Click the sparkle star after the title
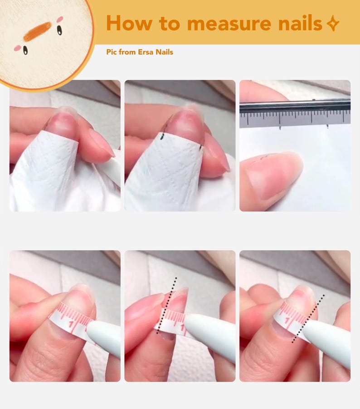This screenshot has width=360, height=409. [x=333, y=24]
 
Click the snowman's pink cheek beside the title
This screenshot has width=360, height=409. [x=60, y=19]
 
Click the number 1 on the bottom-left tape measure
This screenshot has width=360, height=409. [x=72, y=326]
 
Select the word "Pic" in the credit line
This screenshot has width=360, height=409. [x=112, y=52]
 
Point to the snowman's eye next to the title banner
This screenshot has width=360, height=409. [x=59, y=30]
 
